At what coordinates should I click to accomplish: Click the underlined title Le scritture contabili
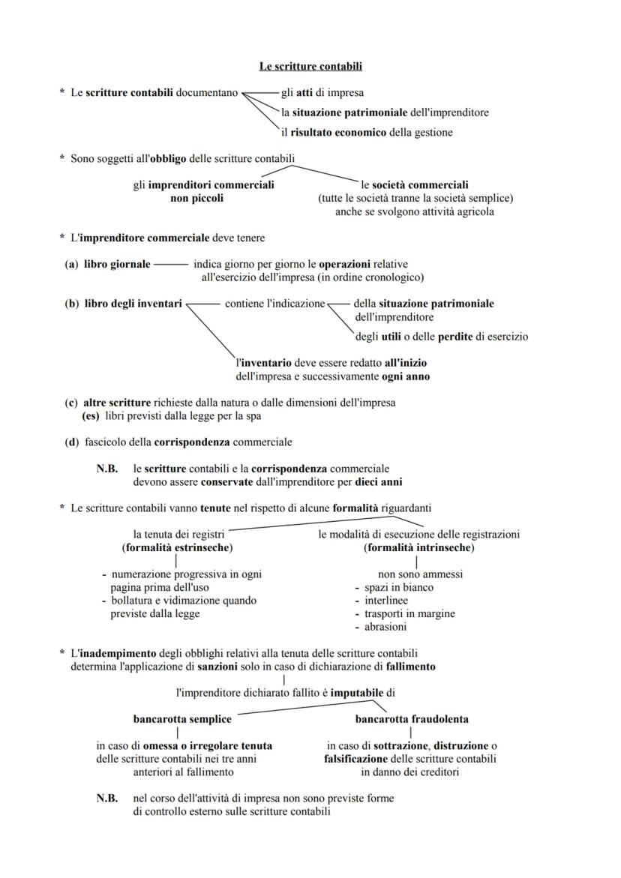pos(310,67)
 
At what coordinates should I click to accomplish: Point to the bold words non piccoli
pos(197,199)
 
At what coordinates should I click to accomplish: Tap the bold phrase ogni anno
pos(406,376)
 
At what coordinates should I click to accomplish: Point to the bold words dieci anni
pos(387,482)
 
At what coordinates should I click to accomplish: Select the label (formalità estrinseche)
pos(177,547)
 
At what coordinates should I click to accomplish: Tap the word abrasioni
pos(385,627)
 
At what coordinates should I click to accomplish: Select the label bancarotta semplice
pos(182,719)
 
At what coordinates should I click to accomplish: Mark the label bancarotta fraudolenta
pos(412,719)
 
